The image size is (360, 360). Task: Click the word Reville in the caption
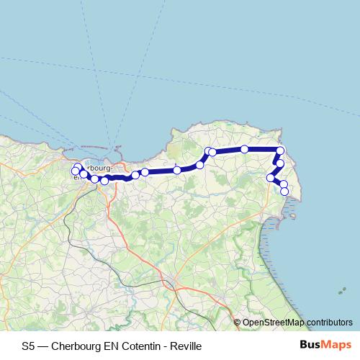click(x=186, y=346)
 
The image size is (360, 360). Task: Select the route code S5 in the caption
click(x=28, y=346)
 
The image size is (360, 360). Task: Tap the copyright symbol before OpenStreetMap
click(x=238, y=322)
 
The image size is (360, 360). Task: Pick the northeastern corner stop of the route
click(x=281, y=150)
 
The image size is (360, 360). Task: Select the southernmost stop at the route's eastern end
click(x=284, y=191)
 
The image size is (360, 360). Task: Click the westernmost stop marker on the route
click(x=75, y=171)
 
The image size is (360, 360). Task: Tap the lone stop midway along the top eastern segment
click(x=245, y=149)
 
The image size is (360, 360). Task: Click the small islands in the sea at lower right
click(x=340, y=292)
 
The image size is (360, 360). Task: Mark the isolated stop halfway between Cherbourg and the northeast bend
click(x=177, y=170)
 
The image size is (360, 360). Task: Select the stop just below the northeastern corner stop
click(x=280, y=163)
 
